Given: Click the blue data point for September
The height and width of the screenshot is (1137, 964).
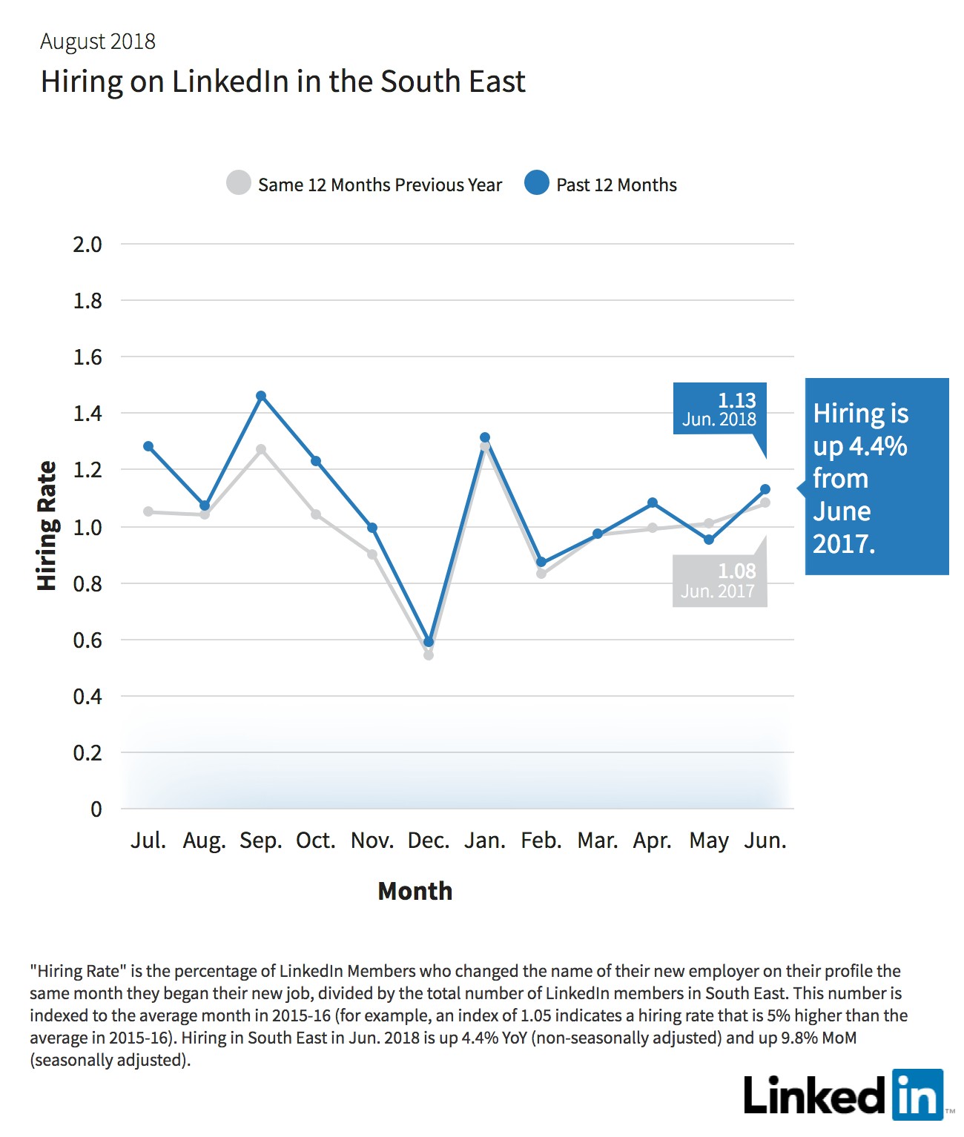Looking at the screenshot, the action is point(261,396).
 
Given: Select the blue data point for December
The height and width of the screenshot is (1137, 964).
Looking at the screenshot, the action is point(429,642).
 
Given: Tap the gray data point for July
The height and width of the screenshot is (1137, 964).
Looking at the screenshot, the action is point(148,511).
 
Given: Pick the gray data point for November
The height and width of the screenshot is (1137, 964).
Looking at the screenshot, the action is point(372,554).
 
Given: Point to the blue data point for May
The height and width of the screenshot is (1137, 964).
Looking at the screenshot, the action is point(709,540).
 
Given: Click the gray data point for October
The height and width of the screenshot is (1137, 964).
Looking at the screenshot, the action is point(316,514).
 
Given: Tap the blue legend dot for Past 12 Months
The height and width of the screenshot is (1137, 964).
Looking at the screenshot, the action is point(536,182).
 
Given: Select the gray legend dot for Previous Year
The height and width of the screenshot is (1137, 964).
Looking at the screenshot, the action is point(239,182).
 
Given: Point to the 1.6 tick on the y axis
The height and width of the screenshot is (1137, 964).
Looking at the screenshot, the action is point(88,357).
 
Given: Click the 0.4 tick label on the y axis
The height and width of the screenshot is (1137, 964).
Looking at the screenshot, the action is point(88,697).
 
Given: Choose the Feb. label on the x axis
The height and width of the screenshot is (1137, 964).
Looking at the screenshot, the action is point(541,841).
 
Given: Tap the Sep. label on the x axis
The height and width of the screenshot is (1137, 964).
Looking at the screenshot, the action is point(261,841).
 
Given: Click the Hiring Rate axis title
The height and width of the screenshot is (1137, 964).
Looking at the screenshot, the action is point(47,526).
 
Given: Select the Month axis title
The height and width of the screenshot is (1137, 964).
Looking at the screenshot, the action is point(415,891).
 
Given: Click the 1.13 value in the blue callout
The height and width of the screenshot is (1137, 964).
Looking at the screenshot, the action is point(737,400).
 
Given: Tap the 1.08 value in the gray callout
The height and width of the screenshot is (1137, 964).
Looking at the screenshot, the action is point(737,571).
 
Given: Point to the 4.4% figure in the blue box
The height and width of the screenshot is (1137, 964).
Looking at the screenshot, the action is point(878,446).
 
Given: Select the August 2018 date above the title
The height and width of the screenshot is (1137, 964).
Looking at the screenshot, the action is point(98,42).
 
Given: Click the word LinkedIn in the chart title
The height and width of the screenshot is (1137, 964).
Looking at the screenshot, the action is point(230,82).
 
